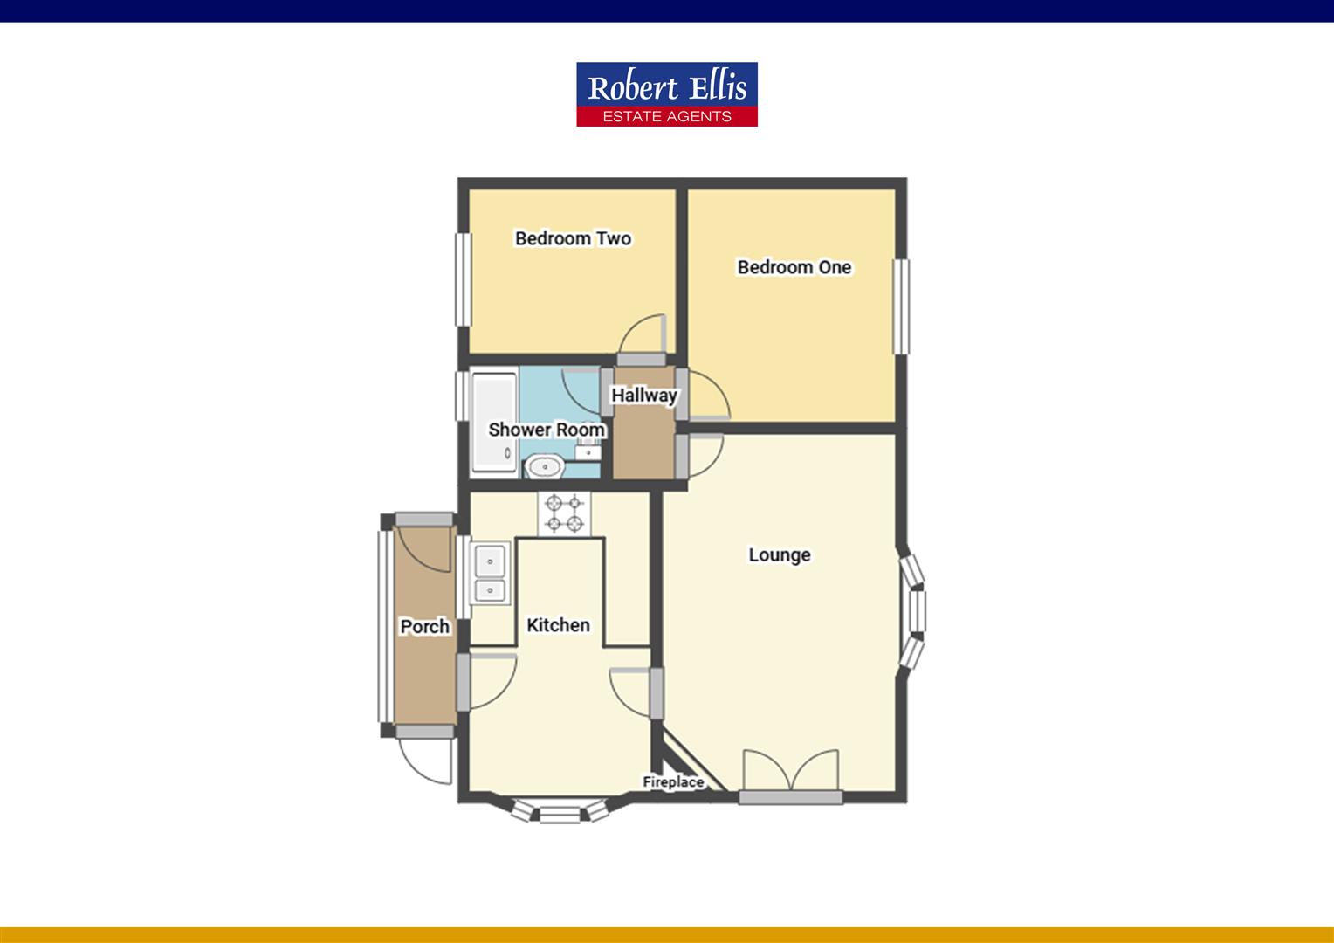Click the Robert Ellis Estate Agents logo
(x=666, y=94)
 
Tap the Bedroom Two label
(x=573, y=238)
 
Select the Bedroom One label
(x=794, y=267)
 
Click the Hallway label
(x=644, y=395)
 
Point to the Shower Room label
(x=547, y=430)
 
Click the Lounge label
(x=780, y=555)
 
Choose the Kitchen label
(x=558, y=625)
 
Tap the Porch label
(x=424, y=626)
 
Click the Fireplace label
(x=673, y=782)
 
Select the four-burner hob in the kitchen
(x=564, y=513)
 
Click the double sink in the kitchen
(x=490, y=574)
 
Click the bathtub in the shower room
(x=494, y=423)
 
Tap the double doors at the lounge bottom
(x=791, y=773)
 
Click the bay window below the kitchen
(x=559, y=812)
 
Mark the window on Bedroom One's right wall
(x=901, y=306)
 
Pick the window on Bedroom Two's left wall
(x=461, y=279)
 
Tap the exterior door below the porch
(x=425, y=758)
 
